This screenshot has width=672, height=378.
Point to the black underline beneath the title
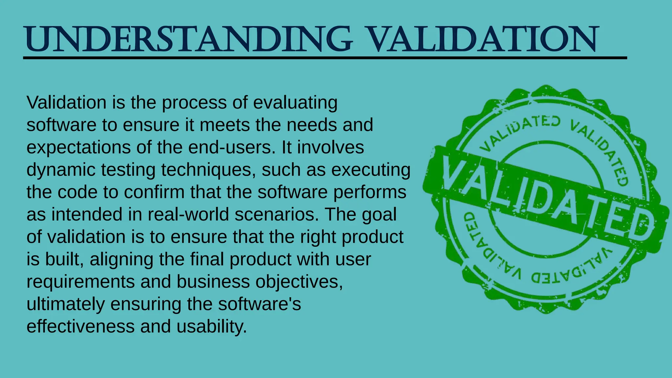click(x=325, y=58)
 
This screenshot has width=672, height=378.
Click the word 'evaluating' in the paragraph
click(x=295, y=103)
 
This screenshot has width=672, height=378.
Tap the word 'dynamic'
click(x=61, y=170)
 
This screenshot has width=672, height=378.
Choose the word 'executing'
click(x=371, y=170)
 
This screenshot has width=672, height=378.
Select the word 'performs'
click(x=370, y=192)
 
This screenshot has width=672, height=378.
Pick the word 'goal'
click(x=379, y=214)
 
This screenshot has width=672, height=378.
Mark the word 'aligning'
click(x=121, y=259)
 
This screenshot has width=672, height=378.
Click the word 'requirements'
click(x=80, y=282)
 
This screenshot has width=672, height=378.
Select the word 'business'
click(x=213, y=282)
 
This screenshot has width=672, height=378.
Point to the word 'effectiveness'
click(x=80, y=326)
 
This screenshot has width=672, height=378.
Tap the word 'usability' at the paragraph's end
click(x=211, y=326)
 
